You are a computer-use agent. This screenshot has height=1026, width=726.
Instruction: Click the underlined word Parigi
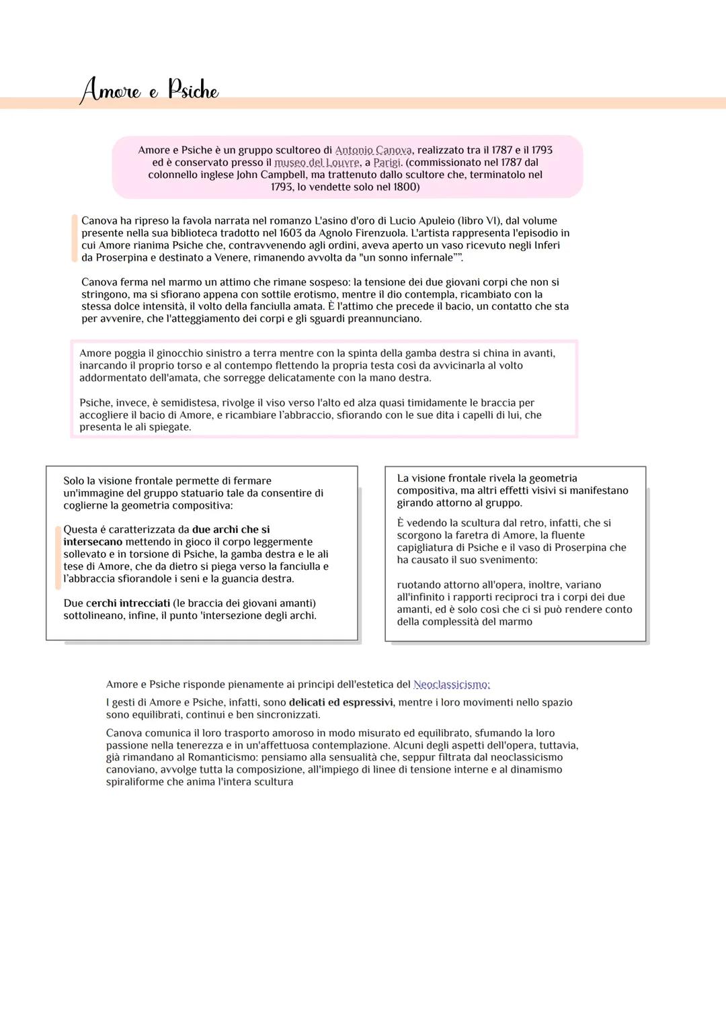click(387, 163)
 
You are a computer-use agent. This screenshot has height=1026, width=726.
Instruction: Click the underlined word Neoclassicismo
click(452, 685)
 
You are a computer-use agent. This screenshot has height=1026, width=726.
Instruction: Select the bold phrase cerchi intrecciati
click(128, 603)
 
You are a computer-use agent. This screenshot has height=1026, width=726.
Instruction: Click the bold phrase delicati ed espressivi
click(341, 703)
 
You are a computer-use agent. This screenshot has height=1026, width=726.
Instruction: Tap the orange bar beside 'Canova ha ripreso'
click(74, 239)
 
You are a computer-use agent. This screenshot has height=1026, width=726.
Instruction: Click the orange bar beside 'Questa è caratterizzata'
click(58, 558)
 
